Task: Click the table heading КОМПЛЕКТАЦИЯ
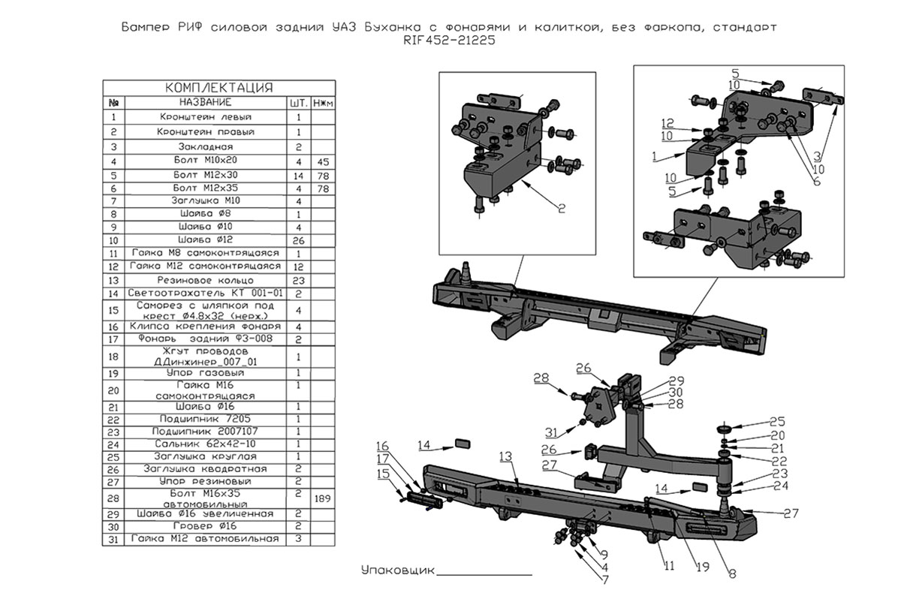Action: [218, 88]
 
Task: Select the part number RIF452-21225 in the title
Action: [449, 41]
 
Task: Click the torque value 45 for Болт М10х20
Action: [322, 161]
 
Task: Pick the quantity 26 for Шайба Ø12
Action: [298, 241]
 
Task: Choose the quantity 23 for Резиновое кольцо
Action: [298, 279]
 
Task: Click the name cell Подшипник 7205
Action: [205, 419]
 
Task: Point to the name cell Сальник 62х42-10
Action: [205, 444]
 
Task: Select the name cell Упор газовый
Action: [205, 373]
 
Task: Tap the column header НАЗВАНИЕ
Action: [205, 102]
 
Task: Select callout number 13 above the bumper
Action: [505, 456]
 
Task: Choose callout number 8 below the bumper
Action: [731, 575]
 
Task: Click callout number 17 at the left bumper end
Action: [383, 459]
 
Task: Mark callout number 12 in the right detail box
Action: [667, 122]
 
